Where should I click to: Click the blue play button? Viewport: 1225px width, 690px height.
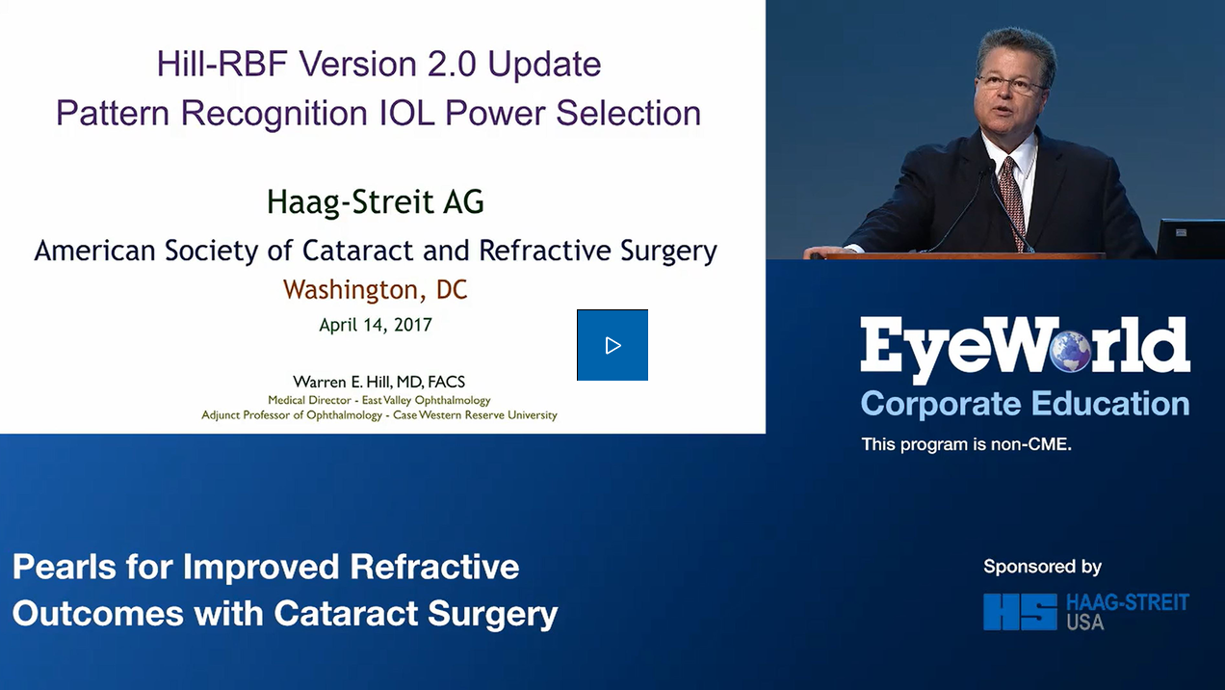click(x=612, y=345)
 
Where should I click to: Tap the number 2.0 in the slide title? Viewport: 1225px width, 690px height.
click(x=449, y=65)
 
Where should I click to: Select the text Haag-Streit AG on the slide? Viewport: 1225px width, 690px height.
click(x=376, y=202)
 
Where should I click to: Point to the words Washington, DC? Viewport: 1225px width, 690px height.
click(x=376, y=288)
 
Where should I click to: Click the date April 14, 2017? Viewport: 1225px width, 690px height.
click(x=376, y=325)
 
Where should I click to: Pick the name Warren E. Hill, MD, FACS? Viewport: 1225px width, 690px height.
click(x=379, y=382)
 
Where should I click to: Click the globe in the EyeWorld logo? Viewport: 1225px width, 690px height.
click(x=1070, y=349)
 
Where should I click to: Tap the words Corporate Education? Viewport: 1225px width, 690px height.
click(x=1025, y=403)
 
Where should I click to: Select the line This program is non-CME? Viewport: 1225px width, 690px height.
click(x=966, y=444)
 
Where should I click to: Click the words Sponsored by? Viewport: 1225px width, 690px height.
click(x=1042, y=567)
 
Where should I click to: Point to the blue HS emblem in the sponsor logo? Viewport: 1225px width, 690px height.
click(x=1019, y=612)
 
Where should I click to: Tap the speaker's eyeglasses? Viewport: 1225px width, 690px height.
click(x=1011, y=84)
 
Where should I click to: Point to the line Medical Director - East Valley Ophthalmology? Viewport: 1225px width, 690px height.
click(x=379, y=400)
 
